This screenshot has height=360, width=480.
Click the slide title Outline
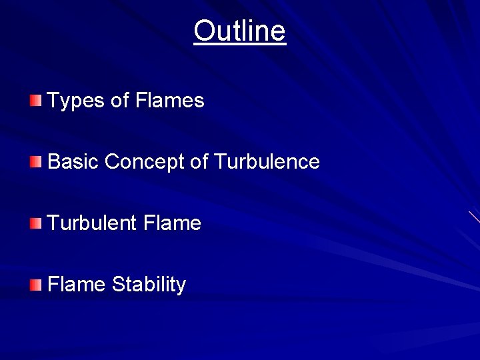[239, 31]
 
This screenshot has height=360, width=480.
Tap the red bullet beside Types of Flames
[35, 101]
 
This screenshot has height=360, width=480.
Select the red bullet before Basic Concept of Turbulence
[35, 161]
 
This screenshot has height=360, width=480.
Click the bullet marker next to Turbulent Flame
[35, 223]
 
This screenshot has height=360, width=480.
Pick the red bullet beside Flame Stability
[35, 285]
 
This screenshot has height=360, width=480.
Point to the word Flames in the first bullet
[169, 101]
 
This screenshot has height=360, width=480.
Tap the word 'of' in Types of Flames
[120, 101]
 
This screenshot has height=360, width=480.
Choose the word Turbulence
[267, 161]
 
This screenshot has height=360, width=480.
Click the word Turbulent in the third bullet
[92, 223]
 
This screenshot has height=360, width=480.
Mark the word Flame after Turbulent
[172, 223]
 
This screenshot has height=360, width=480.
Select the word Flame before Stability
[77, 284]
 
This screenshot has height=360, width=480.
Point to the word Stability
[149, 285]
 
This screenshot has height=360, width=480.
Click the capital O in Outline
[203, 31]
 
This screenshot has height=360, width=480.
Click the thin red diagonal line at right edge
[474, 217]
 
